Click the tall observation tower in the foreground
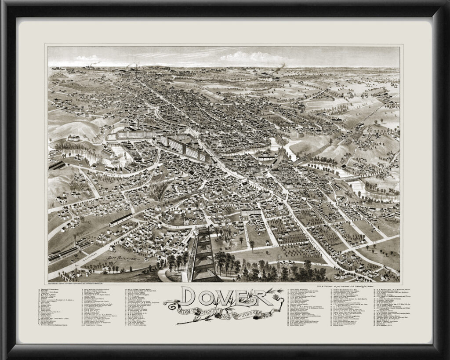pos(203,255)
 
